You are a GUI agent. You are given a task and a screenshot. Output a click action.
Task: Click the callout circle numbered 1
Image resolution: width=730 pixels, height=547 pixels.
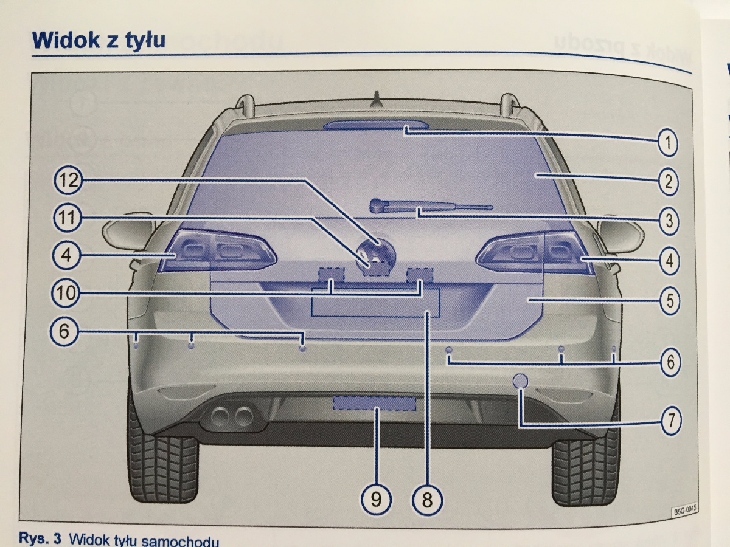coord(667,144)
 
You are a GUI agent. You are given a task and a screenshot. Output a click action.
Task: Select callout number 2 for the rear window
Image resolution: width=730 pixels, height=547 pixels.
coord(667,182)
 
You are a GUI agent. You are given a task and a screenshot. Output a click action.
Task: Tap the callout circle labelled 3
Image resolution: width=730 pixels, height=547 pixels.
coord(669,221)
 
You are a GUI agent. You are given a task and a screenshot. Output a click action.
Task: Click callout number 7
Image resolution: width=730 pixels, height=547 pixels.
coord(669,420)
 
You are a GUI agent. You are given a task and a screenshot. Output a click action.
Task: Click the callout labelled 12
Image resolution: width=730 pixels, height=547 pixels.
coord(66,180)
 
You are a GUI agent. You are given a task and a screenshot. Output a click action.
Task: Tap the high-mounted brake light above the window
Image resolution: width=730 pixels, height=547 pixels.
coord(374,125)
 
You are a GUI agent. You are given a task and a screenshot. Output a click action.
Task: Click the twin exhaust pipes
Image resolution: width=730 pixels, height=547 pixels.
coord(232,416)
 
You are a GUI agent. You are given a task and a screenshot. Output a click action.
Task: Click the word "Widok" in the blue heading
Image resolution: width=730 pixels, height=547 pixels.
coord(65,40)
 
